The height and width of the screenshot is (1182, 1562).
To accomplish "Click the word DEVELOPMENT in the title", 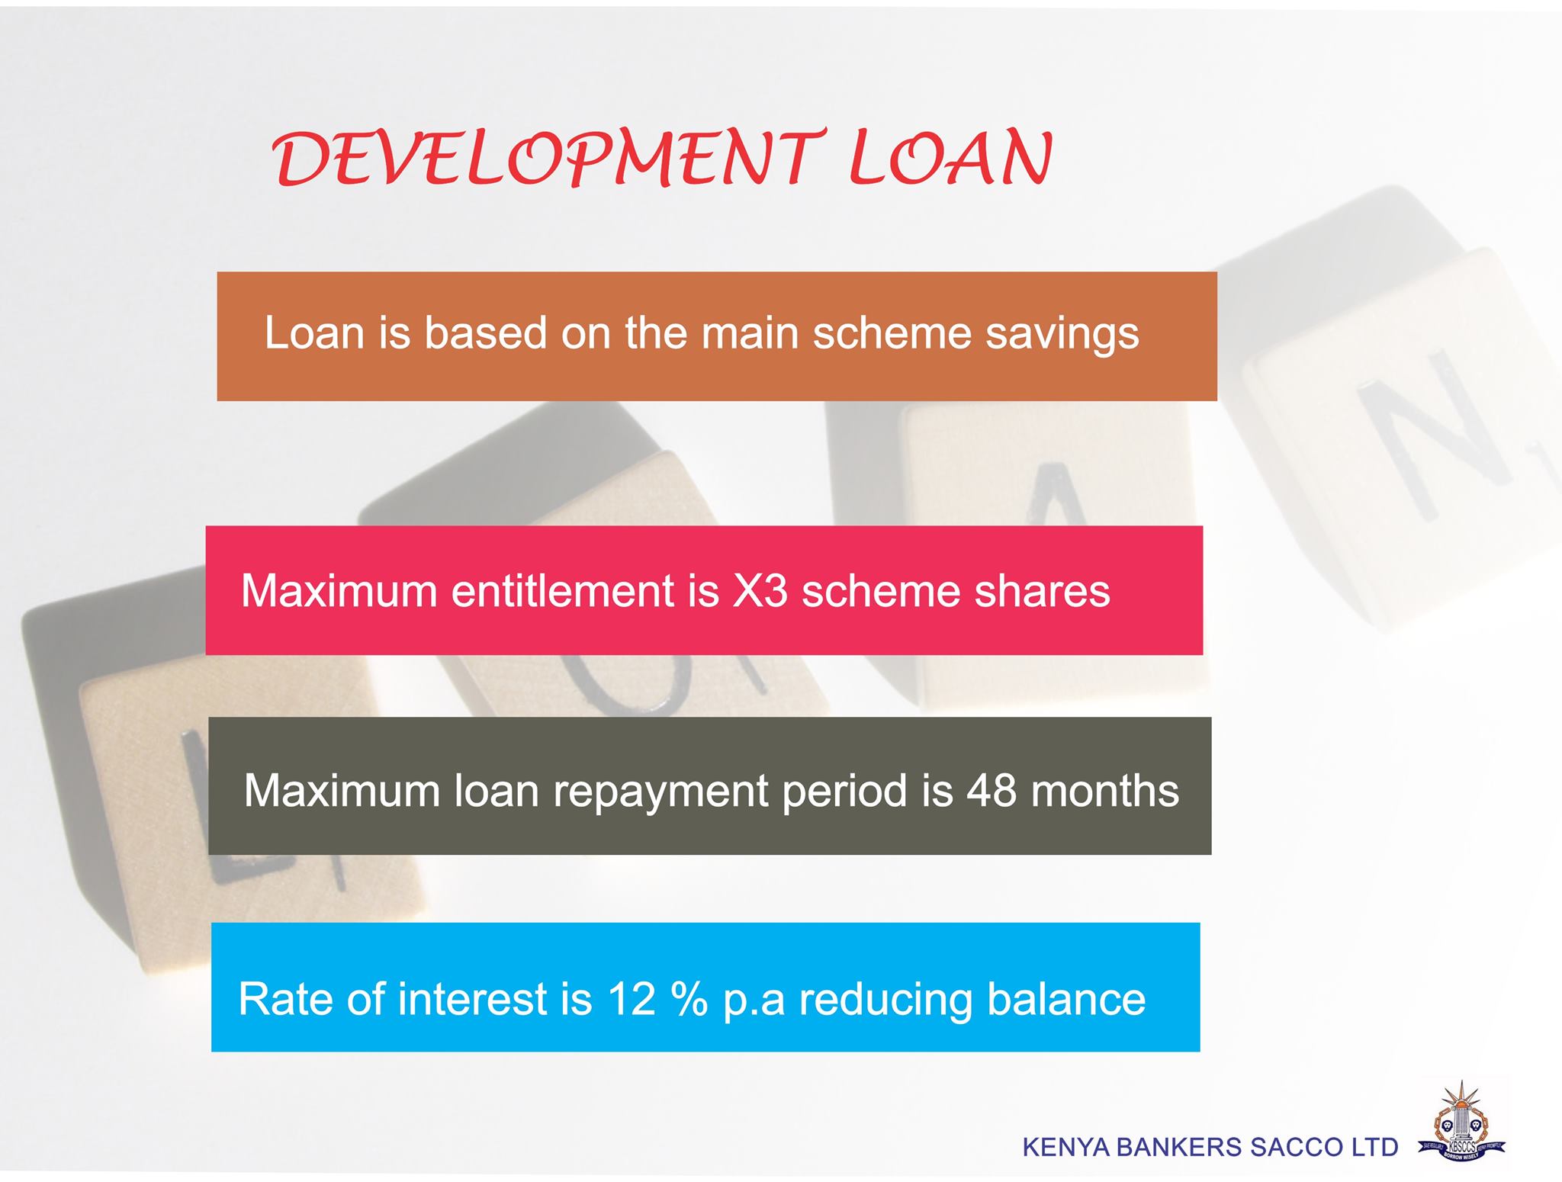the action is pyautogui.click(x=548, y=159).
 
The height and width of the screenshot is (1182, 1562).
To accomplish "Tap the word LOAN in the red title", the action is pyautogui.click(x=951, y=159).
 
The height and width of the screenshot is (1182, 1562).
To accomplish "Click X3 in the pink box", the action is pyautogui.click(x=759, y=591).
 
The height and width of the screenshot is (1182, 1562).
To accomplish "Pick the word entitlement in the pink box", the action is pyautogui.click(x=584, y=590).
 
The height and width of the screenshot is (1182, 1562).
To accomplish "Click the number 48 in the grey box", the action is pyautogui.click(x=992, y=791).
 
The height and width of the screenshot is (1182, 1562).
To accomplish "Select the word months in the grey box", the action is pyautogui.click(x=1105, y=791).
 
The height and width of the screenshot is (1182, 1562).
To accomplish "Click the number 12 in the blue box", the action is pyautogui.click(x=632, y=999).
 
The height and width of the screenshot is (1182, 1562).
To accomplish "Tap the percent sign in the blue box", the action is pyautogui.click(x=689, y=999).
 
